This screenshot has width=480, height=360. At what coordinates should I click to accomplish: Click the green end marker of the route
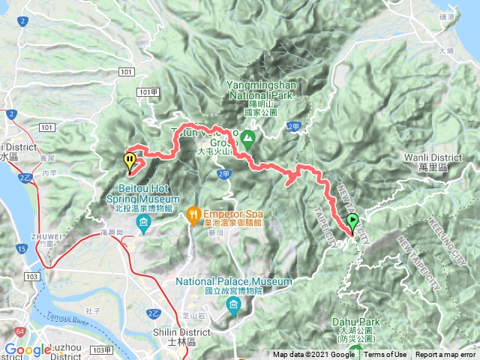coord(352,222)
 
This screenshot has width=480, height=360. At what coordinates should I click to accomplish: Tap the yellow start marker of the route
coord(130,160)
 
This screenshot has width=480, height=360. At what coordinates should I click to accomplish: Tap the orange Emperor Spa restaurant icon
coord(193,213)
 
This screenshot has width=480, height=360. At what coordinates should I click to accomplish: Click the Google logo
coord(27,349)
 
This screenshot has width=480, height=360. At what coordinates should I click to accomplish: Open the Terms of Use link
coord(385,355)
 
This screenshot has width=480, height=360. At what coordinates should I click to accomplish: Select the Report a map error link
coord(445,355)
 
